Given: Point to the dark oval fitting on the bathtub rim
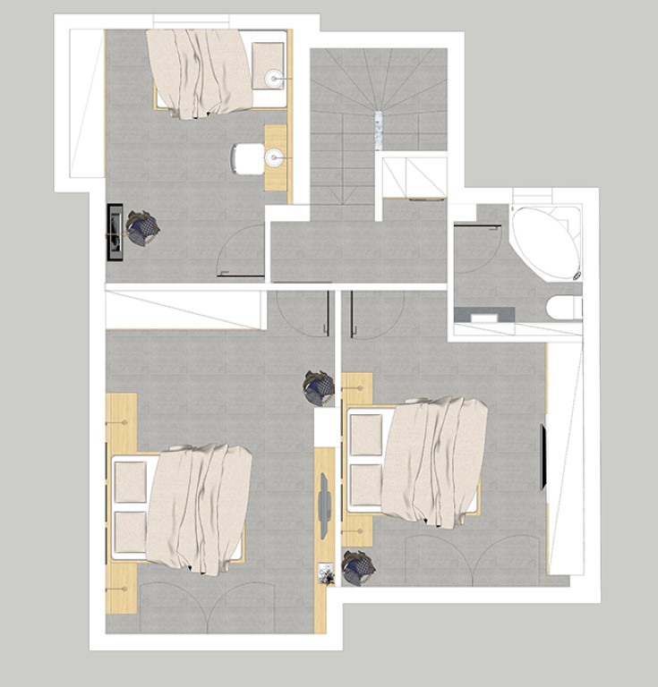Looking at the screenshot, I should pyautogui.click(x=578, y=274).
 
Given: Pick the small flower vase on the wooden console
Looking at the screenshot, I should pyautogui.click(x=325, y=573).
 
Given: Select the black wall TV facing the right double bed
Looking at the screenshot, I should pyautogui.click(x=543, y=457).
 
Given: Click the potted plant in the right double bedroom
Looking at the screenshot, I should pyautogui.click(x=358, y=568).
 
